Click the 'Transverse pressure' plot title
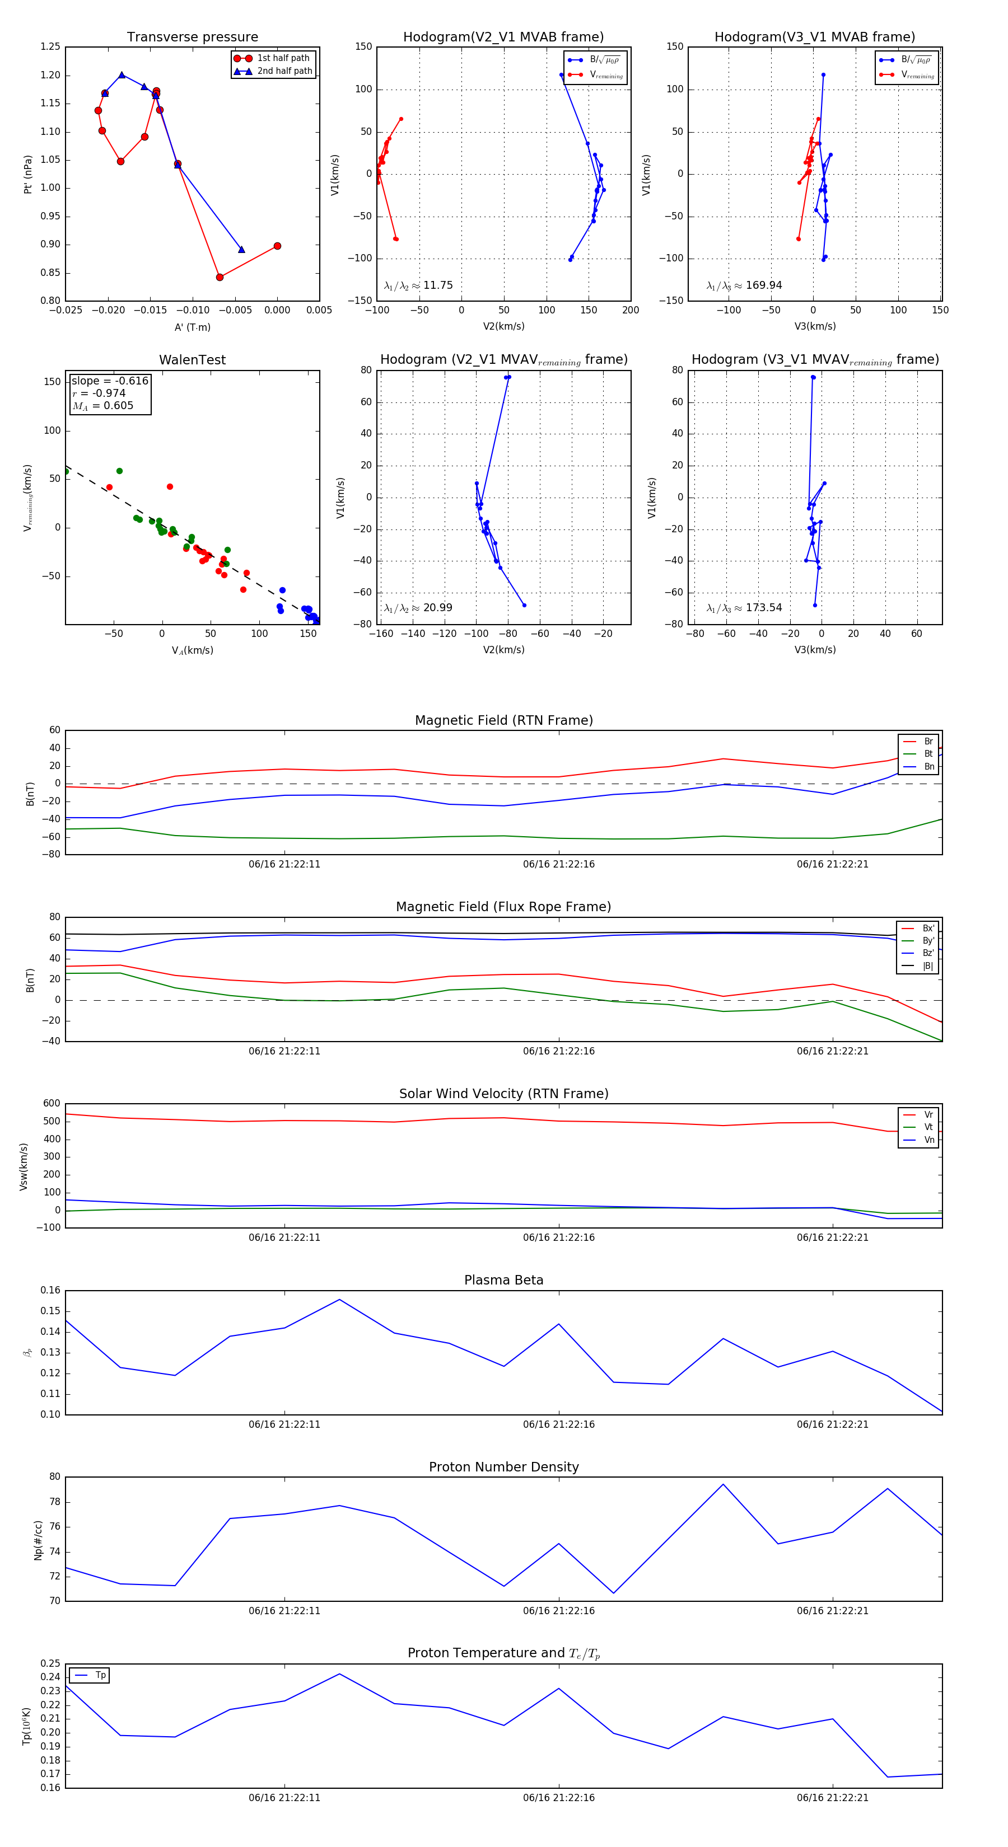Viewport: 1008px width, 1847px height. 192,37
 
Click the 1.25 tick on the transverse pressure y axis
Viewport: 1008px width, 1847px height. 50,46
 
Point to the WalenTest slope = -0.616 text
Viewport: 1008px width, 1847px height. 110,381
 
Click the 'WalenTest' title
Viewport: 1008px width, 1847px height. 192,360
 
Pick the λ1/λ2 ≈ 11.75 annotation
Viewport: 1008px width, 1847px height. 418,285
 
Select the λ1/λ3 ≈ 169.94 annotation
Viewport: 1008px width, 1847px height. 744,285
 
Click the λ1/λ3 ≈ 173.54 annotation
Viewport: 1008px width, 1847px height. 744,607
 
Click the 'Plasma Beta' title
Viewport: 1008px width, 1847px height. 503,1280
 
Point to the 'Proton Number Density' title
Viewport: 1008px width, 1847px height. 503,1467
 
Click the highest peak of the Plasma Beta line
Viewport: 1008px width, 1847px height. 339,1299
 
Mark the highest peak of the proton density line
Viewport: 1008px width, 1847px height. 722,1484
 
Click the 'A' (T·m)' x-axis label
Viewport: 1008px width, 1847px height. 192,327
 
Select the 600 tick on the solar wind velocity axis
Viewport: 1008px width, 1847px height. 52,1104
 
